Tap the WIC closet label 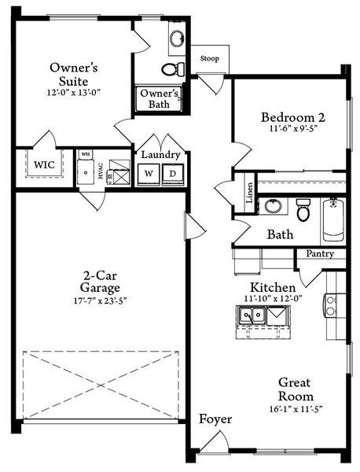pyautogui.click(x=42, y=166)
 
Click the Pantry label pyautogui.click(x=320, y=254)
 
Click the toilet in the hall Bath pyautogui.click(x=303, y=208)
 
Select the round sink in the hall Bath pyautogui.click(x=273, y=206)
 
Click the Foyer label pyautogui.click(x=215, y=419)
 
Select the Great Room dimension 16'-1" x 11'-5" pyautogui.click(x=295, y=410)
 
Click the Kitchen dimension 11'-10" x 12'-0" pyautogui.click(x=272, y=300)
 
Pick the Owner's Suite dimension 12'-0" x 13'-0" pyautogui.click(x=73, y=93)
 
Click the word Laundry pyautogui.click(x=161, y=155)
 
